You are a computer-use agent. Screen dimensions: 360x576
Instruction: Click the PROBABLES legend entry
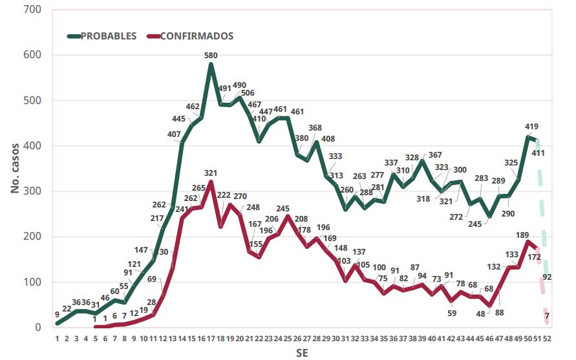pos(108,36)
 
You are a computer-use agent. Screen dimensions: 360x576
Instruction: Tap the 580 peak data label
pos(211,56)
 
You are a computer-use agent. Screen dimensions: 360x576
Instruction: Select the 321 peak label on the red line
pos(211,173)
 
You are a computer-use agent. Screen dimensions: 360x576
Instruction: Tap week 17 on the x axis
pos(211,339)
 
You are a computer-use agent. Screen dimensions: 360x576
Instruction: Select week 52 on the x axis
pos(548,339)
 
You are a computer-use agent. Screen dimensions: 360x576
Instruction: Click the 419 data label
pos(531,127)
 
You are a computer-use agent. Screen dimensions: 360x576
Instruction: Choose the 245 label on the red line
pos(283,209)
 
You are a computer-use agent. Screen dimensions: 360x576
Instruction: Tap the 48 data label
pos(480,313)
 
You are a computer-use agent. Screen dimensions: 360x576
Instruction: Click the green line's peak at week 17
pos(211,65)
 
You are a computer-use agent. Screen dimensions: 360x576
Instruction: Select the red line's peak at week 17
pos(211,182)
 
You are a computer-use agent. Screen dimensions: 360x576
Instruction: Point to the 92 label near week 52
pos(547,277)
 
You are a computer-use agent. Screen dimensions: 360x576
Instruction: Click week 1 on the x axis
pos(58,339)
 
